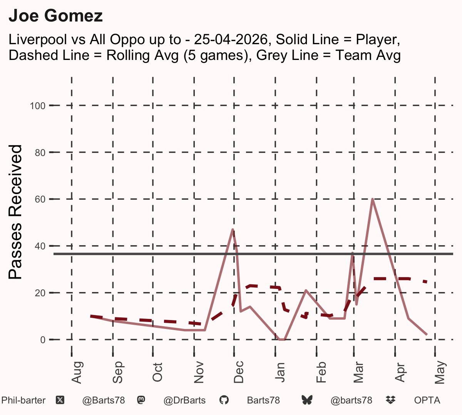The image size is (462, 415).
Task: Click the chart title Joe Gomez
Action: click(x=55, y=16)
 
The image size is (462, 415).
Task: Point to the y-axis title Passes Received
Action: click(x=15, y=212)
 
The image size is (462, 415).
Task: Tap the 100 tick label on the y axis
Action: click(x=38, y=106)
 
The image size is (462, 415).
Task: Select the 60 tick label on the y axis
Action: click(x=40, y=199)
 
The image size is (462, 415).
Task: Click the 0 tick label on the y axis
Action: click(x=43, y=340)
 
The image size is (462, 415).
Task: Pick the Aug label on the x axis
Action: click(x=77, y=372)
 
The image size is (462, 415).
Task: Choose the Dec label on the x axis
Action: click(x=239, y=372)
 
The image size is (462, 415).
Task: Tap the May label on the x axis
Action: click(x=440, y=372)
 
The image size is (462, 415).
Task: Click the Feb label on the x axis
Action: click(x=321, y=372)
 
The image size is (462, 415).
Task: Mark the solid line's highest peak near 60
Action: click(x=372, y=199)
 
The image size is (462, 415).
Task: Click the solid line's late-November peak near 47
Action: click(x=233, y=229)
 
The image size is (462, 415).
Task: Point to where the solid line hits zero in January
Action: click(x=282, y=339)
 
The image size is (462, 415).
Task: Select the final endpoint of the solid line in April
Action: click(x=427, y=335)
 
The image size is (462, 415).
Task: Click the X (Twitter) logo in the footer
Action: click(x=60, y=400)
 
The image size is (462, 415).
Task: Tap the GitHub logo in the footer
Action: click(x=224, y=400)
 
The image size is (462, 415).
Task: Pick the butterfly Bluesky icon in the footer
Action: click(x=307, y=400)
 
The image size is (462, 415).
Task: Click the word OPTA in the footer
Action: click(x=427, y=400)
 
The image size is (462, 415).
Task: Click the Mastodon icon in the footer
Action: click(x=141, y=400)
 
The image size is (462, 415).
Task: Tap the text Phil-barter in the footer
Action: click(x=23, y=400)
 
